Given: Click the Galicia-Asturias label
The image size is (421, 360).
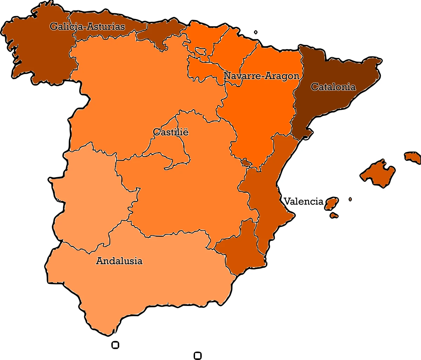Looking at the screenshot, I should (87, 27).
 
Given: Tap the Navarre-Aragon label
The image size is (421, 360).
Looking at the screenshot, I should (261, 76).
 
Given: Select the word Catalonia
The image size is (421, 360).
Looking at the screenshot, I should (333, 87).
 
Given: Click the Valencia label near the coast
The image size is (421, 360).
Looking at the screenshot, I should (303, 201).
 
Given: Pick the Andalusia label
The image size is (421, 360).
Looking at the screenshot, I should (119, 261).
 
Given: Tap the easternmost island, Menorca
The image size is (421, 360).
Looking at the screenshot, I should (413, 156).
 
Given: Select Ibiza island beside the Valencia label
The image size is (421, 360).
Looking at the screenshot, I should (332, 203).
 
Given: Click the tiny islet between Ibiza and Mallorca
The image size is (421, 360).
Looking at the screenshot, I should (350, 199).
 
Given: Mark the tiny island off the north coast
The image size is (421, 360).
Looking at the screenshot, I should (256, 32).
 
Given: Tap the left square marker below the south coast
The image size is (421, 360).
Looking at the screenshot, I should (115, 345).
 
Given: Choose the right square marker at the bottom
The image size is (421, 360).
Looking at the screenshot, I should (198, 355).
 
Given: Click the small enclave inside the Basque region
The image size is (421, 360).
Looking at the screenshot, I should (201, 51).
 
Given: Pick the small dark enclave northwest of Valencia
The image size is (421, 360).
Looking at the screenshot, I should (246, 162).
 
